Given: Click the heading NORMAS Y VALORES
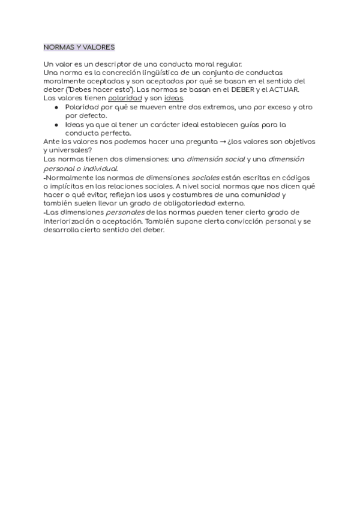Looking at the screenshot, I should (79, 47).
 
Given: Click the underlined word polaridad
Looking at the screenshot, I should (125, 98).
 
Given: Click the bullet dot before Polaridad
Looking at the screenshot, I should (56, 107).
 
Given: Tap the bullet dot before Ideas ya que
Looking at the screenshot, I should (56, 124).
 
